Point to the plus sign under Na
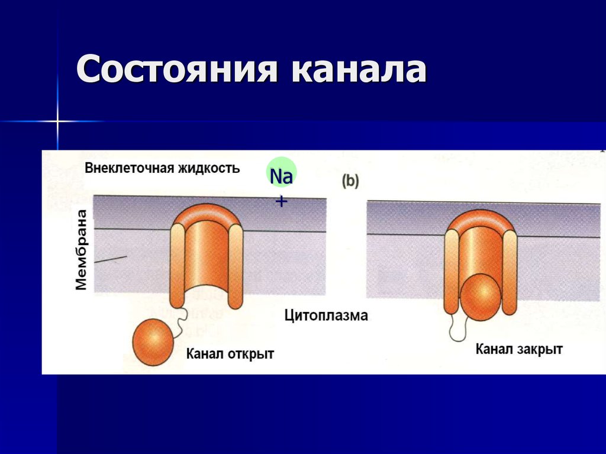pyautogui.click(x=281, y=202)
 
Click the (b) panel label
pyautogui.click(x=350, y=181)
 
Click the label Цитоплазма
pyautogui.click(x=325, y=315)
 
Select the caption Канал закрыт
pyautogui.click(x=518, y=349)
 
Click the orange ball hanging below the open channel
pyautogui.click(x=153, y=342)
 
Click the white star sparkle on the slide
pyautogui.click(x=58, y=121)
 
